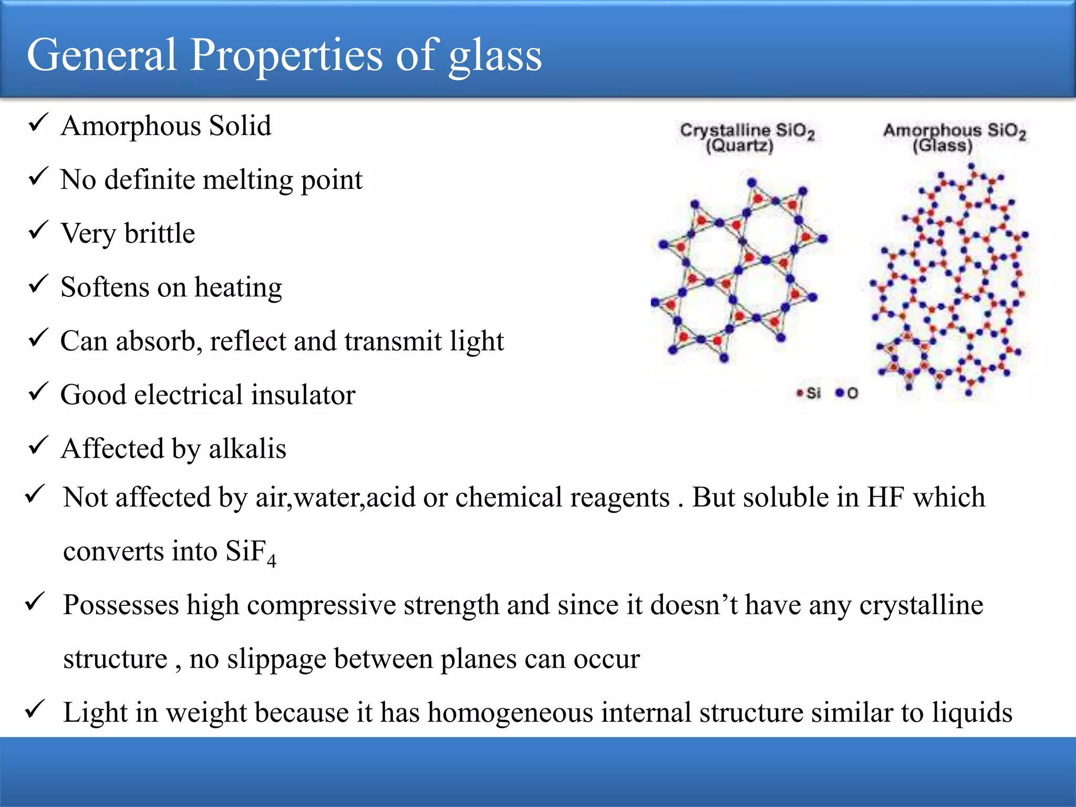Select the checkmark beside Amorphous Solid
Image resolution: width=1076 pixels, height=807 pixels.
pyautogui.click(x=38, y=123)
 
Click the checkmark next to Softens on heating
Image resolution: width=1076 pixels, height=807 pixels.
pyautogui.click(x=38, y=285)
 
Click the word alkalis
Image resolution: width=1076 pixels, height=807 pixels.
pyautogui.click(x=247, y=449)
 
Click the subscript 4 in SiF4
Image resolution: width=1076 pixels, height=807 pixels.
pyautogui.click(x=271, y=561)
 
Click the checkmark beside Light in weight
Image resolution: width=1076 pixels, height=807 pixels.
pyautogui.click(x=36, y=710)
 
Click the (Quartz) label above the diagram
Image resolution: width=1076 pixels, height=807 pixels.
pyautogui.click(x=739, y=146)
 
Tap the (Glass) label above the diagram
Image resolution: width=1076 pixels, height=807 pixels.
pyautogui.click(x=942, y=146)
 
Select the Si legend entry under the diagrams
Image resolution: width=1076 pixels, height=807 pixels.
pyautogui.click(x=809, y=393)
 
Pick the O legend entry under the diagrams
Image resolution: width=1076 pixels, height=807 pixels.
pyautogui.click(x=847, y=393)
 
